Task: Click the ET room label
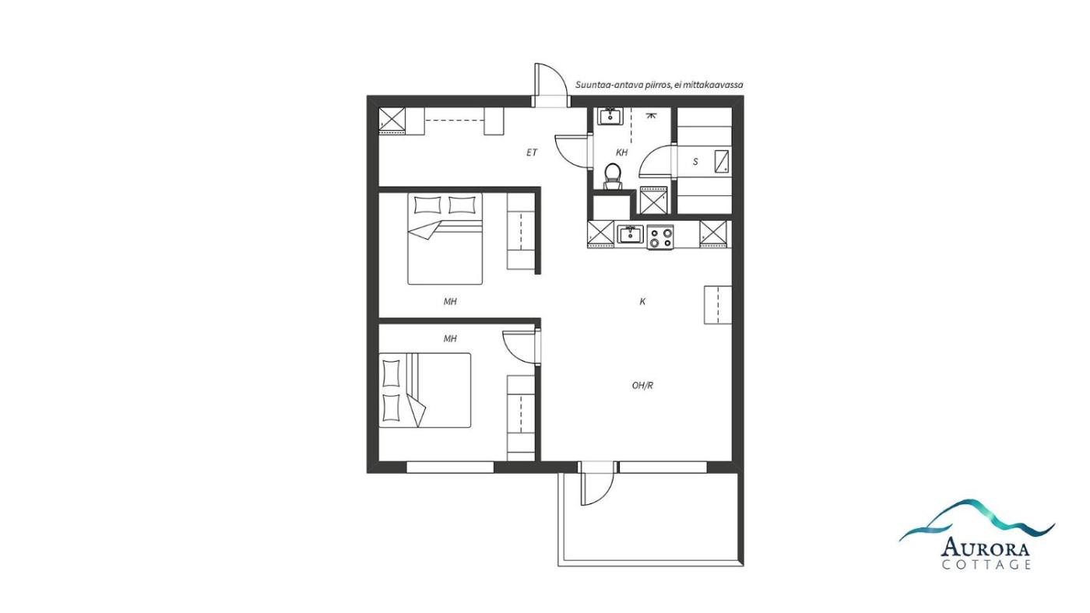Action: click(531, 152)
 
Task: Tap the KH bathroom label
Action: click(621, 152)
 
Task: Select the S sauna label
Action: click(695, 162)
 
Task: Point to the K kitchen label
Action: click(642, 302)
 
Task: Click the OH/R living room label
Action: click(642, 386)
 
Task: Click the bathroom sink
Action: click(610, 117)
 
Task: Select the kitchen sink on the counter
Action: click(631, 235)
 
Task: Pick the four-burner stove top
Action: click(660, 237)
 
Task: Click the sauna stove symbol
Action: click(722, 161)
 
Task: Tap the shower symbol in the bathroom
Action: click(651, 115)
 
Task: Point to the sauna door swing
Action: click(655, 160)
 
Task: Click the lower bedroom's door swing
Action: click(519, 347)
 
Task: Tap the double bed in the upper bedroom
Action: click(445, 239)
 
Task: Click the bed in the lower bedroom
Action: click(425, 391)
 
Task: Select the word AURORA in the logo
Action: click(986, 548)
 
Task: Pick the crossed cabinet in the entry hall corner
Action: click(392, 120)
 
